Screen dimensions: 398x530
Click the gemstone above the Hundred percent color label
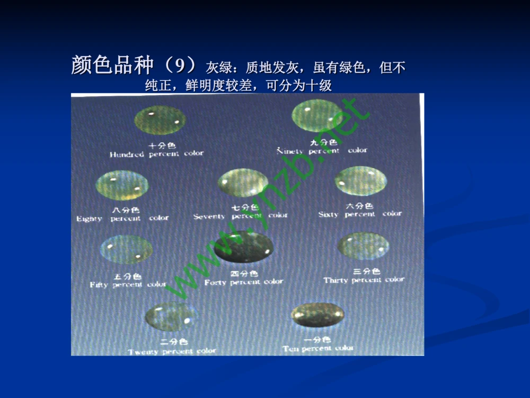coord(160,120)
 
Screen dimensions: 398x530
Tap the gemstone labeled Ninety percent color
coord(317,116)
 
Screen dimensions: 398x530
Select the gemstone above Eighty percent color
coord(121,185)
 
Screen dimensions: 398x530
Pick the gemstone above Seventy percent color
coord(243,184)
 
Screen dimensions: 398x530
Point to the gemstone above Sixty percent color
coord(360,181)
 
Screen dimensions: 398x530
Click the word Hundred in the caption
coord(127,154)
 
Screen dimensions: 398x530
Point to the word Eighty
coord(89,219)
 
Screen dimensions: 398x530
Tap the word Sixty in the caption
coord(329,214)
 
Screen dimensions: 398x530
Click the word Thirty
coord(336,280)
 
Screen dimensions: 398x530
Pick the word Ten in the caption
coord(290,349)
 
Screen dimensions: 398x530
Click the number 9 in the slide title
coord(181,66)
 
